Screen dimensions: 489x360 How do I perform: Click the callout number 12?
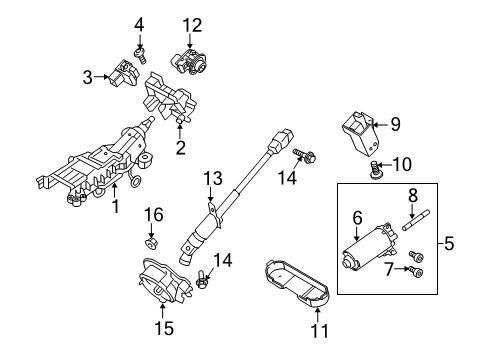pos(192,25)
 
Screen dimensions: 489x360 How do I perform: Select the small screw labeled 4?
pos(140,56)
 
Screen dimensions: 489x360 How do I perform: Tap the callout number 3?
pos(87,77)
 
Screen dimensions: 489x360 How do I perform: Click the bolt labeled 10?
pos(376,170)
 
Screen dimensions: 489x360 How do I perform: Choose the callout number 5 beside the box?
pos(449,243)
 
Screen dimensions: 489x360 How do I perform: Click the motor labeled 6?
pos(369,247)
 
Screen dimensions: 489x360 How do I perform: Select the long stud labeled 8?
pos(416,219)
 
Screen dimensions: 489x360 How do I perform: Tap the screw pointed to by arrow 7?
pos(416,272)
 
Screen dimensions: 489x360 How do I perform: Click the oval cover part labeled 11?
pos(296,282)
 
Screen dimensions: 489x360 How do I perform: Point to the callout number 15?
pos(164,328)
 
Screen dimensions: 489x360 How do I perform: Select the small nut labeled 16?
pos(151,244)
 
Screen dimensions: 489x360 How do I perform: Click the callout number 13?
pos(213,178)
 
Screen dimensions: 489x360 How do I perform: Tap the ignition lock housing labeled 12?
pos(189,61)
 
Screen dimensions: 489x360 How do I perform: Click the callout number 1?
pos(115,206)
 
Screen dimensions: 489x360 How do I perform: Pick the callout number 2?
pos(180,147)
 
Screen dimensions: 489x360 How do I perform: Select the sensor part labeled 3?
pos(123,73)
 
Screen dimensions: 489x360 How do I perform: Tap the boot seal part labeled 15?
pos(164,281)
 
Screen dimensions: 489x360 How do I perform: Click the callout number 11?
pos(319,330)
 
